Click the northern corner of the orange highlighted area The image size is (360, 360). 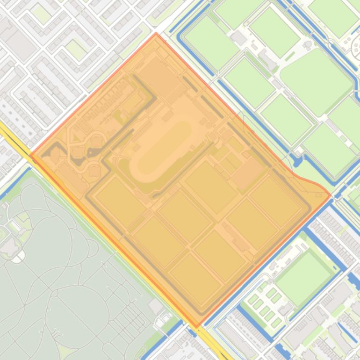156,34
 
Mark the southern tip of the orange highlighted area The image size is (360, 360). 197,326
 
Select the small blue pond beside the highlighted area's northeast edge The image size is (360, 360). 297,161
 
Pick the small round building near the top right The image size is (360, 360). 308,45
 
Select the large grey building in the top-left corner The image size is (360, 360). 19,44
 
